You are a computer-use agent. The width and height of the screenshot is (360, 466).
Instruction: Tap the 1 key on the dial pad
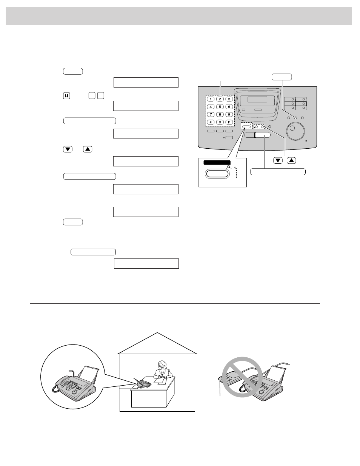(x=211, y=99)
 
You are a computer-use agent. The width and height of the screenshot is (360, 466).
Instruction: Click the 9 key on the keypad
(x=229, y=114)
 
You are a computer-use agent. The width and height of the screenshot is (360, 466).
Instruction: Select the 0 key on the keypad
(x=220, y=122)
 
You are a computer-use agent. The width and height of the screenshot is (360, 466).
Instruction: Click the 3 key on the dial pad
(x=229, y=99)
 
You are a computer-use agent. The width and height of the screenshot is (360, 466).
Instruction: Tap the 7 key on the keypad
(x=211, y=114)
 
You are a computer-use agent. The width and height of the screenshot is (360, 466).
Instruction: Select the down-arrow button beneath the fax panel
(x=278, y=161)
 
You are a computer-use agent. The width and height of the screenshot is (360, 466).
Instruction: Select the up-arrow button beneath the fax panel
(x=291, y=161)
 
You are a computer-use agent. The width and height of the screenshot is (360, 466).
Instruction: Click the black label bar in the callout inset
(x=217, y=162)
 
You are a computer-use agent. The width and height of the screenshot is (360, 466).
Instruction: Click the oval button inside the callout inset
(x=217, y=174)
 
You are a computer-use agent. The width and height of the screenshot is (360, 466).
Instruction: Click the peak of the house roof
(x=157, y=333)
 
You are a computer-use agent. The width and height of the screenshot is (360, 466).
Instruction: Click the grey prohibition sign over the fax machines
(x=242, y=377)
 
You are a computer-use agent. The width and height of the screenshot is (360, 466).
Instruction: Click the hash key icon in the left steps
(x=66, y=96)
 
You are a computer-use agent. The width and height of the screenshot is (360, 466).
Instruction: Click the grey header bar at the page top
(x=179, y=15)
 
